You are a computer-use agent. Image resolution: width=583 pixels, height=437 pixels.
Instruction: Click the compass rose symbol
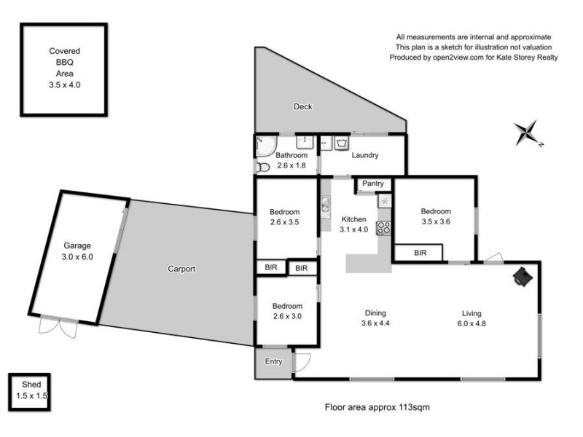coord(527,133)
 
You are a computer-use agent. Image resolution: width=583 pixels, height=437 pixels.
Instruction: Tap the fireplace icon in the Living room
coord(522,276)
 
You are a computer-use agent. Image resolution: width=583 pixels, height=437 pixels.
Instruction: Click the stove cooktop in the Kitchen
coord(383,227)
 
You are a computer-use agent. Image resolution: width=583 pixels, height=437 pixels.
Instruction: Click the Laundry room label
coord(364,155)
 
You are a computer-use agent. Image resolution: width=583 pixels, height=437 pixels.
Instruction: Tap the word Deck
coord(302,107)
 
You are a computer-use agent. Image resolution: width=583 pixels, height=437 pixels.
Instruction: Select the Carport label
coord(181,269)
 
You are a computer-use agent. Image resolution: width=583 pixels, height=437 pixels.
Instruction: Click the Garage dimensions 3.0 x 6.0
coord(77,256)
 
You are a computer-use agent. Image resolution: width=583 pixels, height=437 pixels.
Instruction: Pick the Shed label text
coord(31,384)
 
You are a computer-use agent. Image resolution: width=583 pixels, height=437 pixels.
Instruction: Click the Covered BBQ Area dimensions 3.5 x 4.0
coord(64,85)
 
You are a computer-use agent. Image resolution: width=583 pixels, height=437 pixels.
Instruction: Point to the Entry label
coord(273,361)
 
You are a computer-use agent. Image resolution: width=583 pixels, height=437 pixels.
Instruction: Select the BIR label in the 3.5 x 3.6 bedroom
coord(420,253)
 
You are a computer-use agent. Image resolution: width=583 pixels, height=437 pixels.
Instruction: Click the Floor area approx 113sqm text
coord(377,408)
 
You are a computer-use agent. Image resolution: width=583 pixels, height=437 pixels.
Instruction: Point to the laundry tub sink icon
coord(343,143)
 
